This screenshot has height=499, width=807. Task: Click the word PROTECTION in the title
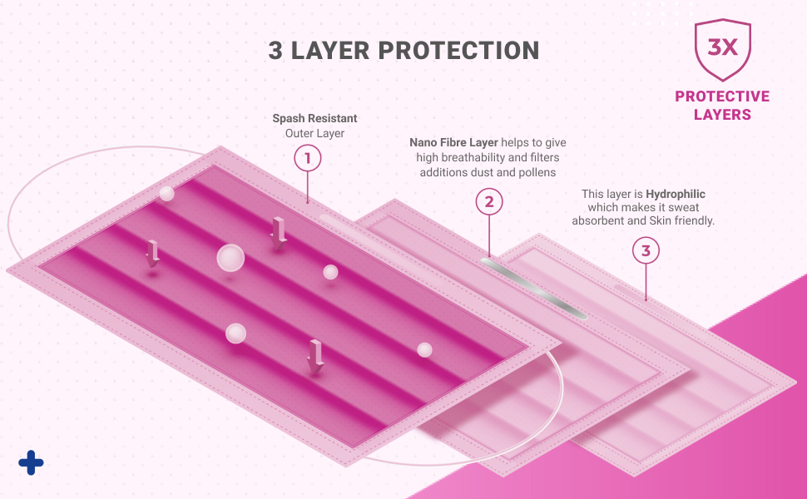pyautogui.click(x=459, y=50)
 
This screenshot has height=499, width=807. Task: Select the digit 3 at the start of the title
pyautogui.click(x=275, y=50)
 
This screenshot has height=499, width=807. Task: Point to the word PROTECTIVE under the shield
pyautogui.click(x=722, y=96)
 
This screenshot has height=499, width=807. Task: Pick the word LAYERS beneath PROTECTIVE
pyautogui.click(x=722, y=115)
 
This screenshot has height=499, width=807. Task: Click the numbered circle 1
pyautogui.click(x=308, y=157)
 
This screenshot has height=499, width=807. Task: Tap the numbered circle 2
pyautogui.click(x=488, y=201)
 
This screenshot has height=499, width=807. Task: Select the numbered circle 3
pyautogui.click(x=646, y=250)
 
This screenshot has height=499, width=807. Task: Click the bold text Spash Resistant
pyautogui.click(x=314, y=119)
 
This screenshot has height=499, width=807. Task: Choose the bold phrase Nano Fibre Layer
pyautogui.click(x=453, y=143)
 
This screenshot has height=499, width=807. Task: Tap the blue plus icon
pyautogui.click(x=31, y=462)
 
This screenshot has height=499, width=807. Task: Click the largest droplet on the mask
pyautogui.click(x=230, y=258)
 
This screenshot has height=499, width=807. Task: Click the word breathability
pyautogui.click(x=465, y=158)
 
